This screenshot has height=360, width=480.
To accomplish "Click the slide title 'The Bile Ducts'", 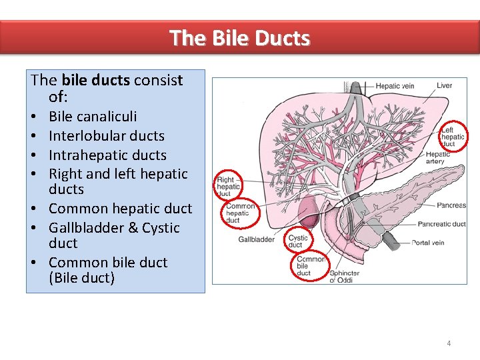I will [x=239, y=37].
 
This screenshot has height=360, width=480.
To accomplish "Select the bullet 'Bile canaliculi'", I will [x=93, y=117].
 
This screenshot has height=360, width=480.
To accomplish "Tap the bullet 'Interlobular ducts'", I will [x=106, y=136].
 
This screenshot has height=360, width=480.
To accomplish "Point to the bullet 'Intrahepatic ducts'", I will [x=107, y=155].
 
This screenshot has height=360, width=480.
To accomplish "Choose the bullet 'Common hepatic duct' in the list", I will [x=120, y=209].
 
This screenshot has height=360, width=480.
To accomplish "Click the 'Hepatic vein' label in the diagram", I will [x=395, y=85].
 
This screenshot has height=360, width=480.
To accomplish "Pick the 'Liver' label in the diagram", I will [x=445, y=85].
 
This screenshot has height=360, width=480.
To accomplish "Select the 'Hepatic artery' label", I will [x=437, y=158].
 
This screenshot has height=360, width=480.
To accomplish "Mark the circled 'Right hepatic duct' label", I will [x=229, y=187].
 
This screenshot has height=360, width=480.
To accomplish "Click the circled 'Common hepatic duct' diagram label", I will [x=240, y=213].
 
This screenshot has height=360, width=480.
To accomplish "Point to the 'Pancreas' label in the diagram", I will [x=453, y=205].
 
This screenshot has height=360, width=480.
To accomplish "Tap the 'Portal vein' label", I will [x=428, y=243].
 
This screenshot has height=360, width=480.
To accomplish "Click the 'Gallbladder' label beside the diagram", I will [x=256, y=239].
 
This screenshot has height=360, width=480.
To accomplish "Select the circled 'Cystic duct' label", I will [x=298, y=241].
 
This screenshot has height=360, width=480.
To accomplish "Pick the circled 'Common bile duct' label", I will [x=309, y=266].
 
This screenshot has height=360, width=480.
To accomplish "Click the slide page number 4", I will [x=449, y=343].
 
